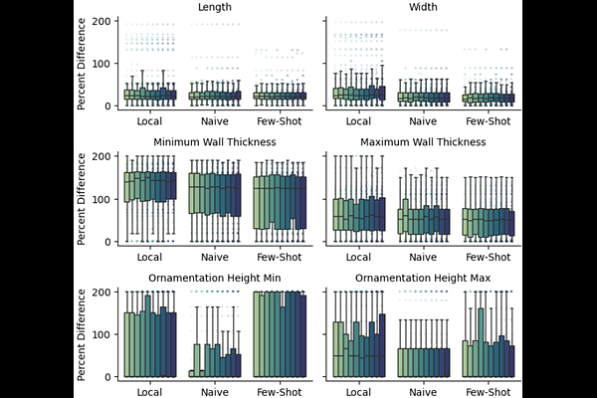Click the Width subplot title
(x=424, y=7)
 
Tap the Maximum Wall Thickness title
(x=424, y=142)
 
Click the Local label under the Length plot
(x=149, y=121)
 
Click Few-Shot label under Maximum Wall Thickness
(x=489, y=257)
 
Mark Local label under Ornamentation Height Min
(x=149, y=392)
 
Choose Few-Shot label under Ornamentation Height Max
(x=489, y=392)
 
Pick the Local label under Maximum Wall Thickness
(x=358, y=257)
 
